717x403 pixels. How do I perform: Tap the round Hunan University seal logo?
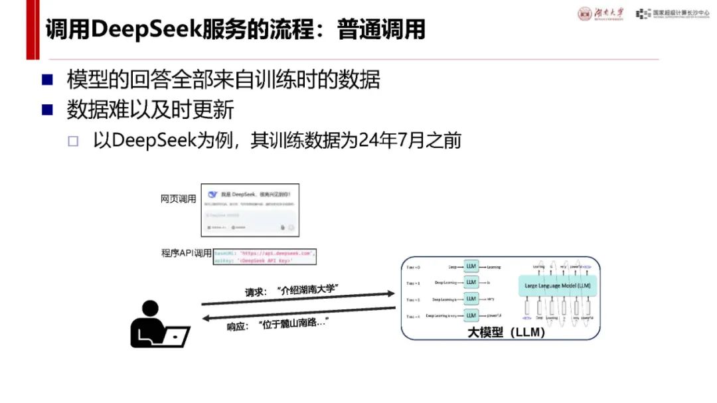point(585,14)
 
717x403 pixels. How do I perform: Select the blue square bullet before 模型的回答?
point(47,80)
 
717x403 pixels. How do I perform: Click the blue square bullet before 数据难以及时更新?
point(47,110)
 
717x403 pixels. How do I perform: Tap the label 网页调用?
point(179,199)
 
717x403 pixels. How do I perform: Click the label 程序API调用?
point(186,253)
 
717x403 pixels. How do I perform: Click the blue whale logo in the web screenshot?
point(212,195)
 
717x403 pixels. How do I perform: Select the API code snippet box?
point(265,257)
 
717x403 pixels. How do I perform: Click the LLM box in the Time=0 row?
point(471,266)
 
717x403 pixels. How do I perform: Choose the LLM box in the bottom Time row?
point(471,315)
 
